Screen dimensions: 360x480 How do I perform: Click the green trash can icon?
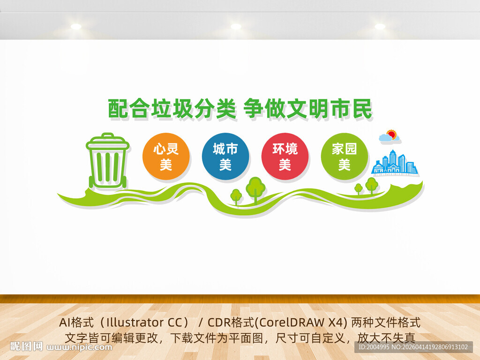click(x=108, y=162)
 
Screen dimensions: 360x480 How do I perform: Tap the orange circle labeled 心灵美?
click(x=166, y=157)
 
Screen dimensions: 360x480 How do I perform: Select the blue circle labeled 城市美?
click(x=225, y=157)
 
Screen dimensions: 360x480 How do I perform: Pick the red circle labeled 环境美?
click(x=285, y=157)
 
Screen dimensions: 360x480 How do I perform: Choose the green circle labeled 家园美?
click(x=345, y=157)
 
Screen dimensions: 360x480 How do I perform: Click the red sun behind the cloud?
click(x=392, y=134)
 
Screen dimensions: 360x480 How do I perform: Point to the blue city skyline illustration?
click(x=394, y=163)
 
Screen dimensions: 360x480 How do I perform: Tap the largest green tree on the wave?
click(x=255, y=187)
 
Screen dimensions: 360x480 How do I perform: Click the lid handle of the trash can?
click(x=108, y=135)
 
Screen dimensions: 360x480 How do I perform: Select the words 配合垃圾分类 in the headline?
click(x=171, y=109)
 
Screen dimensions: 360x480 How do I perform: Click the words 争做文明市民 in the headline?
click(x=308, y=109)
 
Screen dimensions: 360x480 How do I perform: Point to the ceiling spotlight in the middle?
click(x=236, y=27)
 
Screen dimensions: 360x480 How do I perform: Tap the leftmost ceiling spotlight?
click(x=76, y=27)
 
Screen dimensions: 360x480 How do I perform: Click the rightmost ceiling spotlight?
click(x=380, y=27)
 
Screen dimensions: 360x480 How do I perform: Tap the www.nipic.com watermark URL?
click(x=80, y=347)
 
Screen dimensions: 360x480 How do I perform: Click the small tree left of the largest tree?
click(x=236, y=195)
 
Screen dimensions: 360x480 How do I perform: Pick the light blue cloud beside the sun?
click(x=385, y=137)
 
